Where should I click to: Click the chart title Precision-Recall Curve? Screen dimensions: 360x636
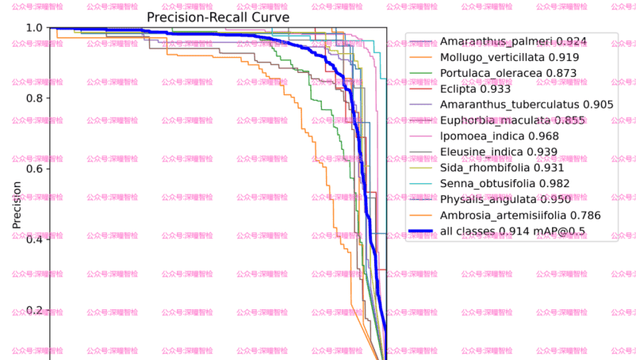point(218,17)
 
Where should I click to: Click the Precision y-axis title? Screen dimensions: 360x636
point(17,204)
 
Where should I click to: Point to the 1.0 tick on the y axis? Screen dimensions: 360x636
point(34,28)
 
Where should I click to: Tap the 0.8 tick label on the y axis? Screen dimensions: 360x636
point(34,98)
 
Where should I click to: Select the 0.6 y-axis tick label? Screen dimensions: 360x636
point(34,169)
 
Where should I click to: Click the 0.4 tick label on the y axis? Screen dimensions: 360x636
point(34,239)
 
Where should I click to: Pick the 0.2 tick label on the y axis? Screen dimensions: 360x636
point(34,310)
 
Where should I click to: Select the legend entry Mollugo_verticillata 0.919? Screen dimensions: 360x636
point(508,57)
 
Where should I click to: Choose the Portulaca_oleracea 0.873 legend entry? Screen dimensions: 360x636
point(508,73)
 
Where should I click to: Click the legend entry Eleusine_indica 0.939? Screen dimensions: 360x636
point(499,151)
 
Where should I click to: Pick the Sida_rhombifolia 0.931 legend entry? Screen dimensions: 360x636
point(502,167)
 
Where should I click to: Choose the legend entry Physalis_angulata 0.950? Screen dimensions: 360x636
point(504,199)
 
